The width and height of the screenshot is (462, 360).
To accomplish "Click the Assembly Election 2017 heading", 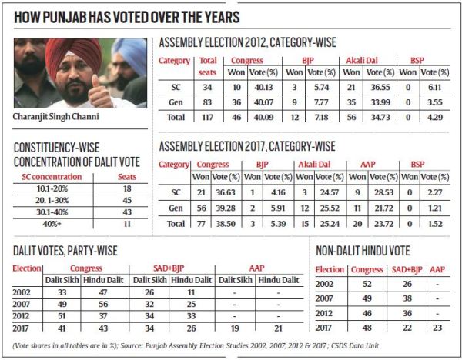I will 246,145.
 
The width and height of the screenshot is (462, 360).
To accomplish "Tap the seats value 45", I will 127,198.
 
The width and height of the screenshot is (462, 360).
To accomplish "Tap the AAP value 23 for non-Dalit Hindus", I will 438,326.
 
